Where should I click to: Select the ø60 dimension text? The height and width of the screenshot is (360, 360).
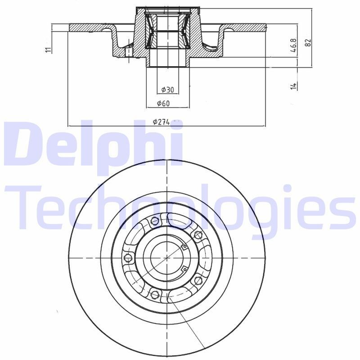(163, 104)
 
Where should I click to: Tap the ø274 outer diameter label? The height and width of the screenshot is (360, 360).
(162, 121)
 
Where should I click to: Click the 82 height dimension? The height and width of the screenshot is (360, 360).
(308, 43)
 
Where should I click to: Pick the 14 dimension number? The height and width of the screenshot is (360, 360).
(293, 85)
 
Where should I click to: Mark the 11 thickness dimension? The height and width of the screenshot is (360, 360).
(49, 49)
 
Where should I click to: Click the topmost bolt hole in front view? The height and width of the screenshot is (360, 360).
(156, 221)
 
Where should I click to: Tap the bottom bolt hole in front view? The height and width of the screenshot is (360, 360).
(156, 295)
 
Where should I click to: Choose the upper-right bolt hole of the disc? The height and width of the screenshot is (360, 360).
(197, 234)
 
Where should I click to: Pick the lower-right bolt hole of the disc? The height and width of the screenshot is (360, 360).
(197, 281)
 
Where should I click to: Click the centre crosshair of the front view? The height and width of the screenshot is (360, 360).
(167, 258)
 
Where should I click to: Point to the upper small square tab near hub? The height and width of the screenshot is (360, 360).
(184, 246)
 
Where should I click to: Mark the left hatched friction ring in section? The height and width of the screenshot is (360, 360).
(90, 28)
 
